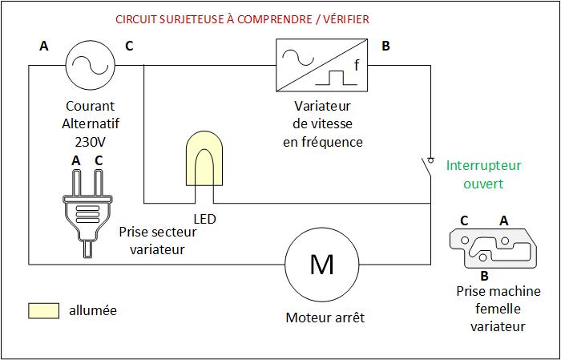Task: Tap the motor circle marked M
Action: [321, 264]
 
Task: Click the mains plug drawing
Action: [84, 213]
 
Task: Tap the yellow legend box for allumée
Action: [45, 310]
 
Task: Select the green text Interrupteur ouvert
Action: [483, 174]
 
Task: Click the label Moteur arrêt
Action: [325, 318]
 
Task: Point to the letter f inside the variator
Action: [356, 64]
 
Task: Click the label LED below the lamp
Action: [204, 217]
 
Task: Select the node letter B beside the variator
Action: [385, 46]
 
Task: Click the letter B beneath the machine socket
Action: [483, 275]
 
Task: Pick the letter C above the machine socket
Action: [464, 219]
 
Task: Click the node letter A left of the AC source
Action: [44, 46]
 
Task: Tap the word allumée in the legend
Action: [94, 310]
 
